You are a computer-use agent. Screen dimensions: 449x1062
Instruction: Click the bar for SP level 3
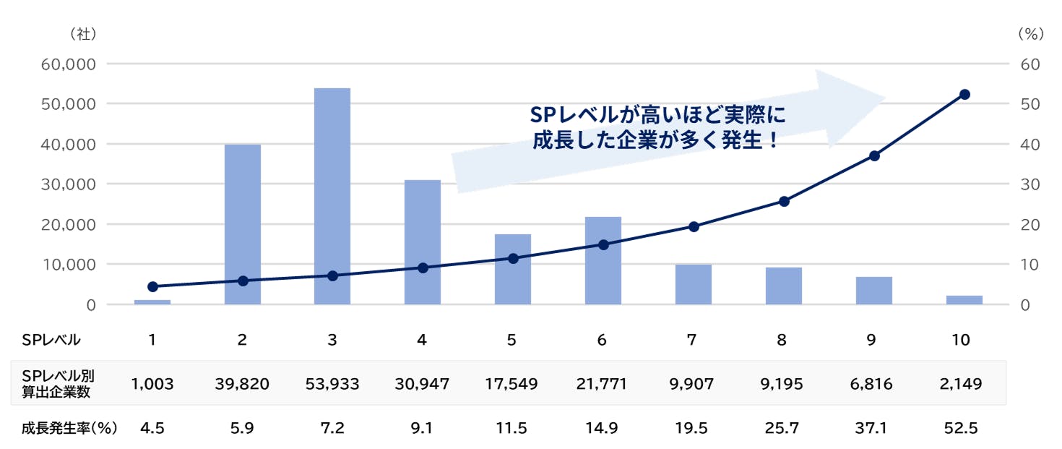tap(332, 196)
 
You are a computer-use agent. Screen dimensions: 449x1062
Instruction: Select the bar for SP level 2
tap(242, 224)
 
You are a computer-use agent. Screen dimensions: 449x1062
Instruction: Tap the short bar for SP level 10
tap(964, 299)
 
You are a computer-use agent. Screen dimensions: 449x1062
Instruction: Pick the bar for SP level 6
tap(603, 260)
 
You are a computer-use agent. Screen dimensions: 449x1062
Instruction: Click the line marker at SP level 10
tap(964, 95)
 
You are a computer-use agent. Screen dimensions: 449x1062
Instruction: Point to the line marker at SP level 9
tap(874, 156)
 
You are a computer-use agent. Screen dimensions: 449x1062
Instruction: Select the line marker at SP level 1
tap(152, 286)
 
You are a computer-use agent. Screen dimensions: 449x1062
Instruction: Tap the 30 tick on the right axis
tap(1031, 184)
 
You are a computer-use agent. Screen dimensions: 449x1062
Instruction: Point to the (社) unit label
tap(83, 33)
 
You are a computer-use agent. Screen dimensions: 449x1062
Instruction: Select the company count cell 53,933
tap(332, 384)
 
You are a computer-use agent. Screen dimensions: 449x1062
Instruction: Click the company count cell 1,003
tap(152, 384)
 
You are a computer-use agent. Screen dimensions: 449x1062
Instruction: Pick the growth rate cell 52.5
tap(961, 428)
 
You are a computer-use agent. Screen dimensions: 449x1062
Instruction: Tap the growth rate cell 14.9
tap(602, 428)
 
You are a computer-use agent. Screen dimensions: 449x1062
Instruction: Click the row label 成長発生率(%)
tap(69, 428)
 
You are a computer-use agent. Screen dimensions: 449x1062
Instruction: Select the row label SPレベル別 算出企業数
tap(58, 383)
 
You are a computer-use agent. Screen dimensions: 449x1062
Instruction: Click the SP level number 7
tap(692, 340)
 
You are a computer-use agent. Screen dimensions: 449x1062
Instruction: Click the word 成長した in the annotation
tap(564, 140)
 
